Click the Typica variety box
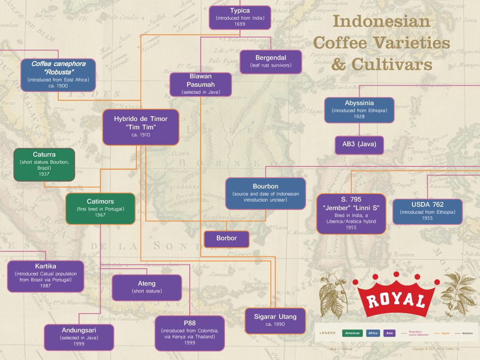[x=240, y=18]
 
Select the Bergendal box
[x=270, y=61]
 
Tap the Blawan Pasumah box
[x=201, y=84]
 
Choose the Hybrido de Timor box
[x=141, y=127]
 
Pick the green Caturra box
[x=44, y=164]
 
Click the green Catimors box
[x=100, y=208]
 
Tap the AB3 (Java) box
[x=359, y=145]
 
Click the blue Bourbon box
[x=265, y=193]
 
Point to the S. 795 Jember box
[x=351, y=213]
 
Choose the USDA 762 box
[x=427, y=211]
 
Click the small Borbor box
[x=226, y=239]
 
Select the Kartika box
[x=45, y=276]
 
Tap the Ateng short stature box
[x=147, y=287]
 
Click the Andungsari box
[x=79, y=337]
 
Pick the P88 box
[x=190, y=333]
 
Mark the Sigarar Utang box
[x=275, y=321]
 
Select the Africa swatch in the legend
[x=373, y=333]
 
